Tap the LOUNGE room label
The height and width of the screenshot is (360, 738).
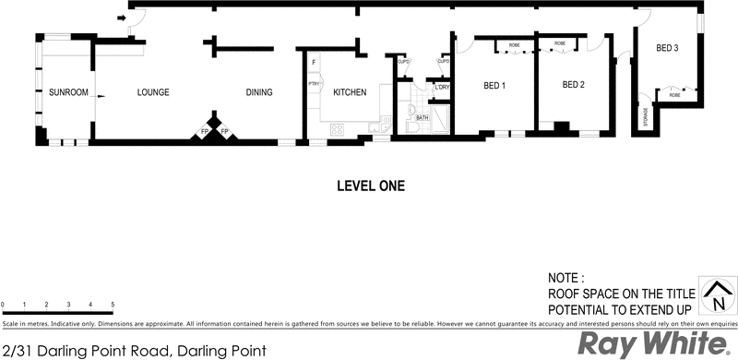click(153, 92)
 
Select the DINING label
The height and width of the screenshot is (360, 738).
click(261, 92)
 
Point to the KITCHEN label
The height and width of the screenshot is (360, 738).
click(350, 92)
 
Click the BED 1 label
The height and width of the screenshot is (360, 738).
click(494, 86)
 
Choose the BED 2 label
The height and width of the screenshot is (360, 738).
click(574, 85)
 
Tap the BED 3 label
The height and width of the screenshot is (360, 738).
click(668, 48)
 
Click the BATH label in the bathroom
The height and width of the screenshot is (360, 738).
click(422, 118)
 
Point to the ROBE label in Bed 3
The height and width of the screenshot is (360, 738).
click(674, 95)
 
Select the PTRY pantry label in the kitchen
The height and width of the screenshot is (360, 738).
click(314, 86)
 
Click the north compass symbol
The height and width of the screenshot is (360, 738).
click(714, 296)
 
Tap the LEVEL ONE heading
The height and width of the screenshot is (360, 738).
click(369, 186)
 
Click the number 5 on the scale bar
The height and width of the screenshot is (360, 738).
click(113, 304)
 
